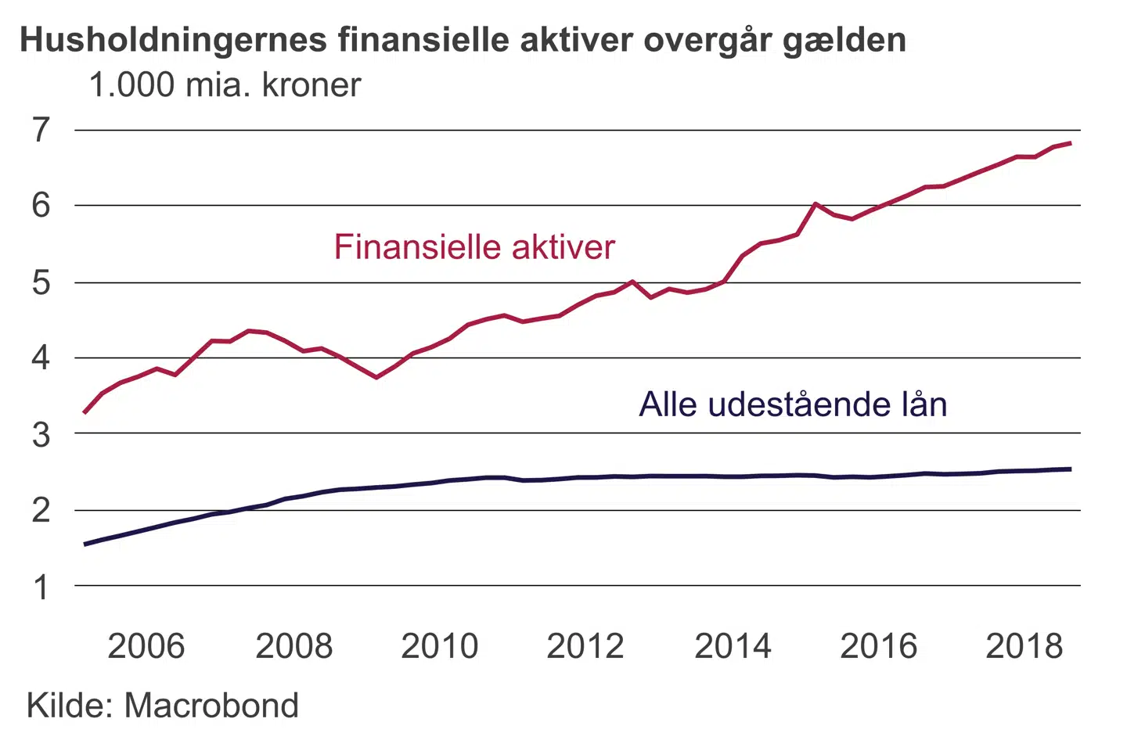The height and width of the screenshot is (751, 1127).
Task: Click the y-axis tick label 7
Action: coord(41,130)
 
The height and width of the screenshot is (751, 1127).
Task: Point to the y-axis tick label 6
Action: coord(41,205)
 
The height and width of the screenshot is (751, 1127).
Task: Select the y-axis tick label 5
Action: coord(41,282)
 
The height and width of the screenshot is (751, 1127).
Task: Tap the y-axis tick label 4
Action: coord(41,358)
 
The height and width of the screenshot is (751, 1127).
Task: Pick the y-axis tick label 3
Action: coord(41,434)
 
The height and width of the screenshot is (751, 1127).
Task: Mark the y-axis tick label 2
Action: coord(41,510)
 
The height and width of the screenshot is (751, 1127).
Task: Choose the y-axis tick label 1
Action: coord(41,587)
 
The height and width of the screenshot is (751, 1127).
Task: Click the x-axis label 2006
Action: coord(146,646)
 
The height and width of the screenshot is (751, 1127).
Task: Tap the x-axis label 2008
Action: coord(293,646)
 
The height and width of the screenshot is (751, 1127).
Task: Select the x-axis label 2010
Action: coord(439,646)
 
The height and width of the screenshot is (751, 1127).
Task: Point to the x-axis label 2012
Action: coord(585,646)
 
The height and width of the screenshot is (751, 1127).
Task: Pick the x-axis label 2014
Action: coord(733,646)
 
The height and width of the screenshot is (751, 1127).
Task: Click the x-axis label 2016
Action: coord(878,646)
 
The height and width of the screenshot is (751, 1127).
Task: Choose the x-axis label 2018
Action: coord(1024,646)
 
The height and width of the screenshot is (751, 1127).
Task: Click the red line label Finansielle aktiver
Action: coord(474,247)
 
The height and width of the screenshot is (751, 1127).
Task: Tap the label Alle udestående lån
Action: coord(793,404)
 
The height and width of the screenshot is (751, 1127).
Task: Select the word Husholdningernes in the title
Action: coord(173,40)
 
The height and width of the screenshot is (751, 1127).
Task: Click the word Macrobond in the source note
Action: coord(211,706)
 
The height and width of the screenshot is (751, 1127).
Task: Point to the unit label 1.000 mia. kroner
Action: coord(225,85)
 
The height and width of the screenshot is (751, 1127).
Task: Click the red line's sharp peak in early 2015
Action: coord(816,204)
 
